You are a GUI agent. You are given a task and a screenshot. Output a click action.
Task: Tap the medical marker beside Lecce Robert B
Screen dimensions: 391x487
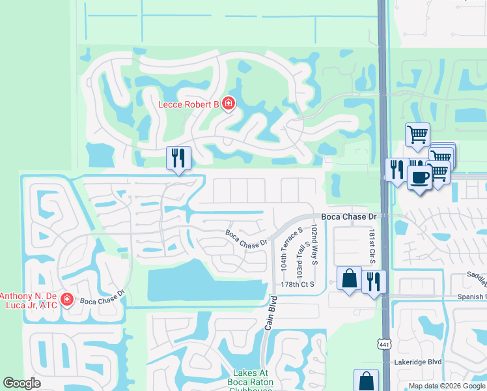pyautogui.click(x=228, y=104)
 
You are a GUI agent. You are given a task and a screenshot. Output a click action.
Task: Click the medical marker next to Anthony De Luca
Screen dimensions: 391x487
pyautogui.click(x=66, y=299)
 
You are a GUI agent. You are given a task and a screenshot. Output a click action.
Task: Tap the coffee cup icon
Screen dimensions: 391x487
pyautogui.click(x=420, y=177)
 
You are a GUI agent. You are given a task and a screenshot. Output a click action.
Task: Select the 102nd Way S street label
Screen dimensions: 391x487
pyautogui.click(x=314, y=244)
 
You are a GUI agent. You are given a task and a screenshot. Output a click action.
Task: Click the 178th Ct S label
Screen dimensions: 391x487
pyautogui.click(x=298, y=285)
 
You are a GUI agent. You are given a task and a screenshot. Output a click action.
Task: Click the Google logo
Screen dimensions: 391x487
pyautogui.click(x=21, y=383)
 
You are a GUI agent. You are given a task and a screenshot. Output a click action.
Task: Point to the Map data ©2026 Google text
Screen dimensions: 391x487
pyautogui.click(x=447, y=386)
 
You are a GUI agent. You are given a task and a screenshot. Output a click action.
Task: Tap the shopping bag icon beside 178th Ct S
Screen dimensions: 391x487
pyautogui.click(x=349, y=278)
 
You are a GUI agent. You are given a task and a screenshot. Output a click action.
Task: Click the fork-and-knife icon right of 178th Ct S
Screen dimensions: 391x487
pyautogui.click(x=374, y=282)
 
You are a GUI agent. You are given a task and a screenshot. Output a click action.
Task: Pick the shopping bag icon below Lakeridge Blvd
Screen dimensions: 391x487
pyautogui.click(x=366, y=381)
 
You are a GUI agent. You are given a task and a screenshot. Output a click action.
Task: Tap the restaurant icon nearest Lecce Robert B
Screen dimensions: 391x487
pyautogui.click(x=178, y=158)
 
